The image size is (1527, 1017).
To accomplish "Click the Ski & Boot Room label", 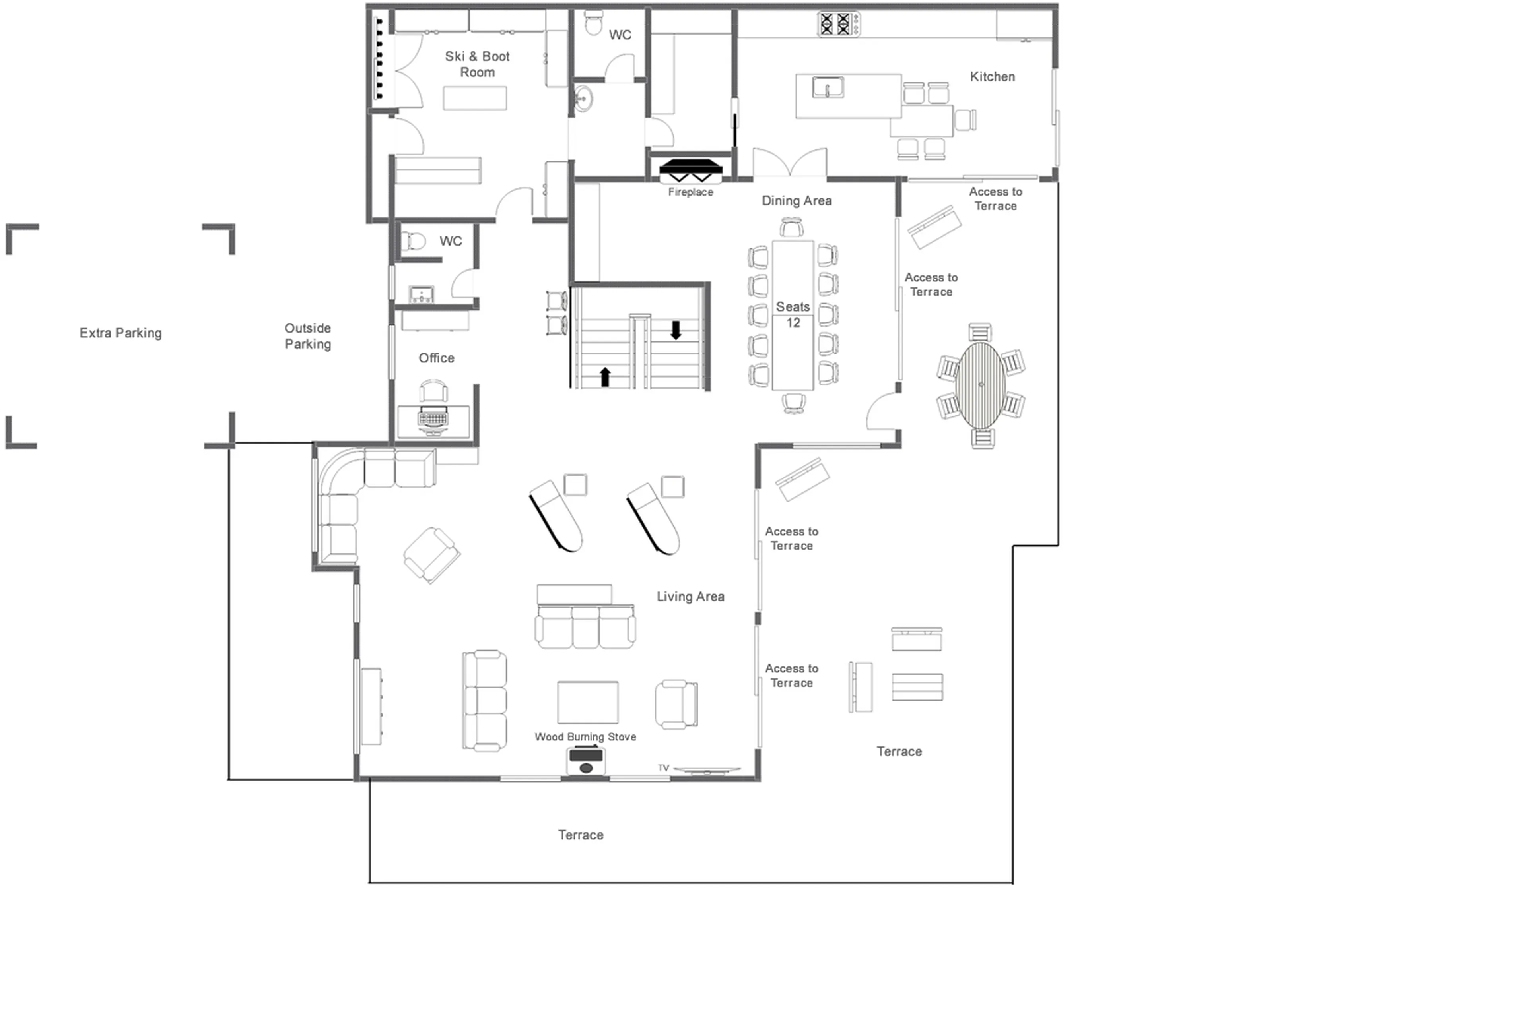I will pos(476,64).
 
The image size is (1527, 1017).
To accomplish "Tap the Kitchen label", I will pos(992,77).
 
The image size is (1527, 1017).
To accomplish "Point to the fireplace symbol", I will pos(690,170).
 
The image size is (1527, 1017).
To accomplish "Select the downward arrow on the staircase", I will pos(676,330).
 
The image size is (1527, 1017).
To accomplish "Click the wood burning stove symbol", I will pos(585,761).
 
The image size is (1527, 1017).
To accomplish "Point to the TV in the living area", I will pos(706,770).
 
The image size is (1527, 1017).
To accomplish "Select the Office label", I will pos(436,358).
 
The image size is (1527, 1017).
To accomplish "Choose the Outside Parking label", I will pos(308,336).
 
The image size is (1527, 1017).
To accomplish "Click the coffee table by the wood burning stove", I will pos(587,702).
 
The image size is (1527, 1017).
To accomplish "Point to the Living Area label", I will pos(690,596).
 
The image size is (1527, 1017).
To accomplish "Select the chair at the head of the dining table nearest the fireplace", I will pos(791,228).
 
